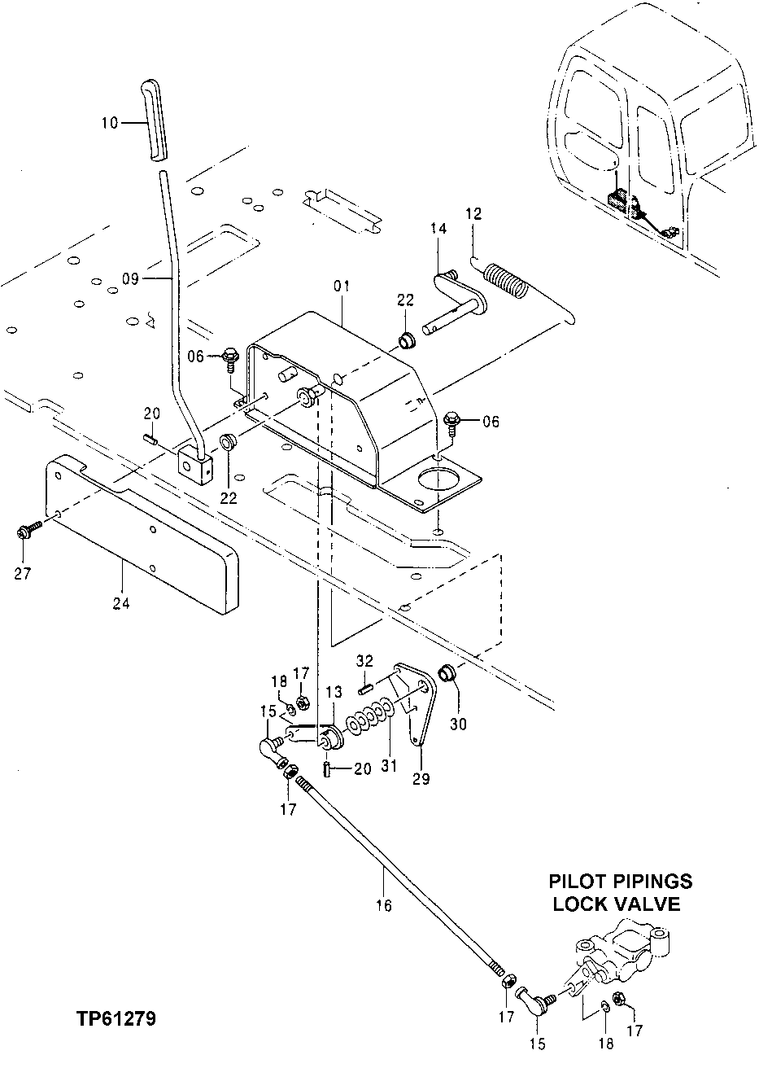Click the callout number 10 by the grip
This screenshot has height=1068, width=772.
110,123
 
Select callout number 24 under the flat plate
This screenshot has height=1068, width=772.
122,603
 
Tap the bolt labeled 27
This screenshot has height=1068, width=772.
24,532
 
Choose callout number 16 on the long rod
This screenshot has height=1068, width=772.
384,905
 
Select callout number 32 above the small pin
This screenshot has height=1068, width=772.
365,660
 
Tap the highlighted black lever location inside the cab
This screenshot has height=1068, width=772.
621,200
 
